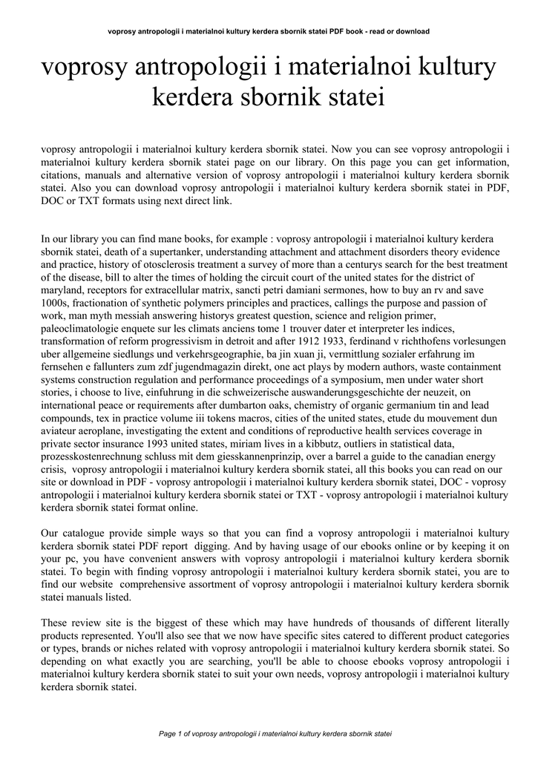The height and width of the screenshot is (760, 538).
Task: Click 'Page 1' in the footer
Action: (172, 733)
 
